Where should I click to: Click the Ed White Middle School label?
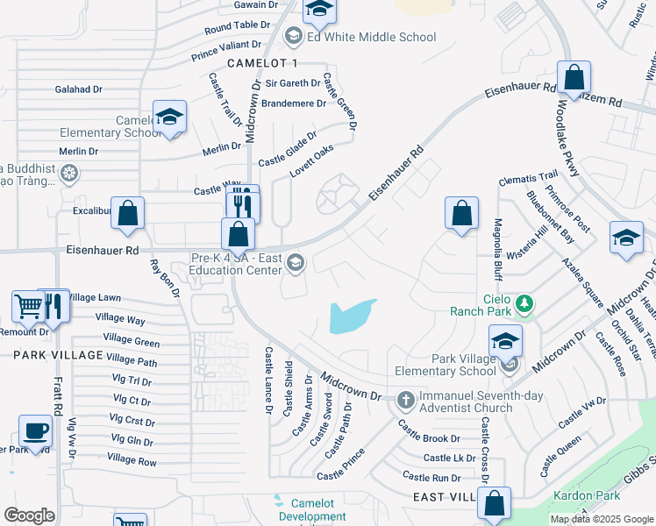[x=371, y=37]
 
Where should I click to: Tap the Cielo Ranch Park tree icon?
[x=525, y=304]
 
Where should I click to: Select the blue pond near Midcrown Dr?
[x=351, y=316]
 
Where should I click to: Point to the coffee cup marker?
[x=35, y=431]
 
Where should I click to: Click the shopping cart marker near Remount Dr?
[x=28, y=306]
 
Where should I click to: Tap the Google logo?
[x=29, y=515]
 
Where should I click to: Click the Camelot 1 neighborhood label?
[x=262, y=63]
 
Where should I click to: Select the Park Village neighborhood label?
[x=57, y=354]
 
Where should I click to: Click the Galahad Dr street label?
[x=79, y=89]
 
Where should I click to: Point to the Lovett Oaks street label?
[x=313, y=160]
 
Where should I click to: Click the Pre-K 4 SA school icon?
[x=296, y=262]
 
